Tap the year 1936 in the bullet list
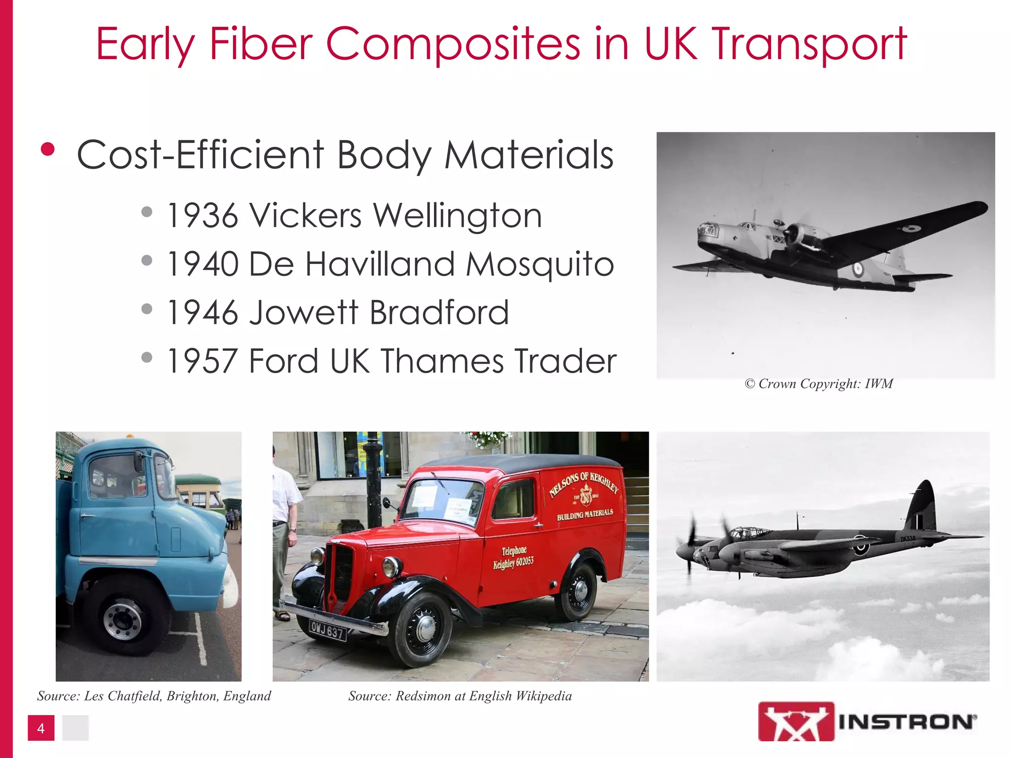202,216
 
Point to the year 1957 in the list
202,361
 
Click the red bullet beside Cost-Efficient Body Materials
48,150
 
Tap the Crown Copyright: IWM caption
819,384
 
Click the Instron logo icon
796,721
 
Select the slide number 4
41,728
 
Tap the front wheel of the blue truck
122,617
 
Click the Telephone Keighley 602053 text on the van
513,558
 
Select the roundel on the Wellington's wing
911,228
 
